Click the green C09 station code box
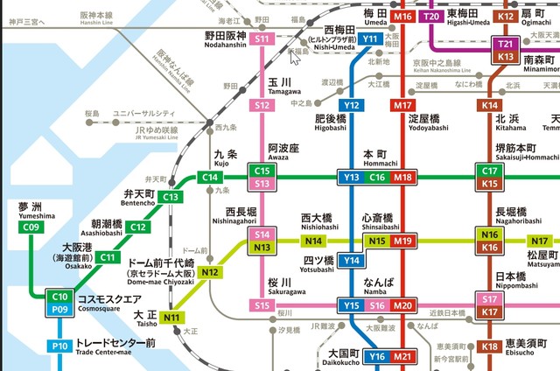pos(31,228)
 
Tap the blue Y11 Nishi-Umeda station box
pos(371,39)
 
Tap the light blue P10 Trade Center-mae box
pos(59,346)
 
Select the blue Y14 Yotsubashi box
pos(352,261)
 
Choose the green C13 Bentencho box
pos(171,197)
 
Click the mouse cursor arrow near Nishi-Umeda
pos(295,58)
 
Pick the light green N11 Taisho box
pos(173,317)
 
